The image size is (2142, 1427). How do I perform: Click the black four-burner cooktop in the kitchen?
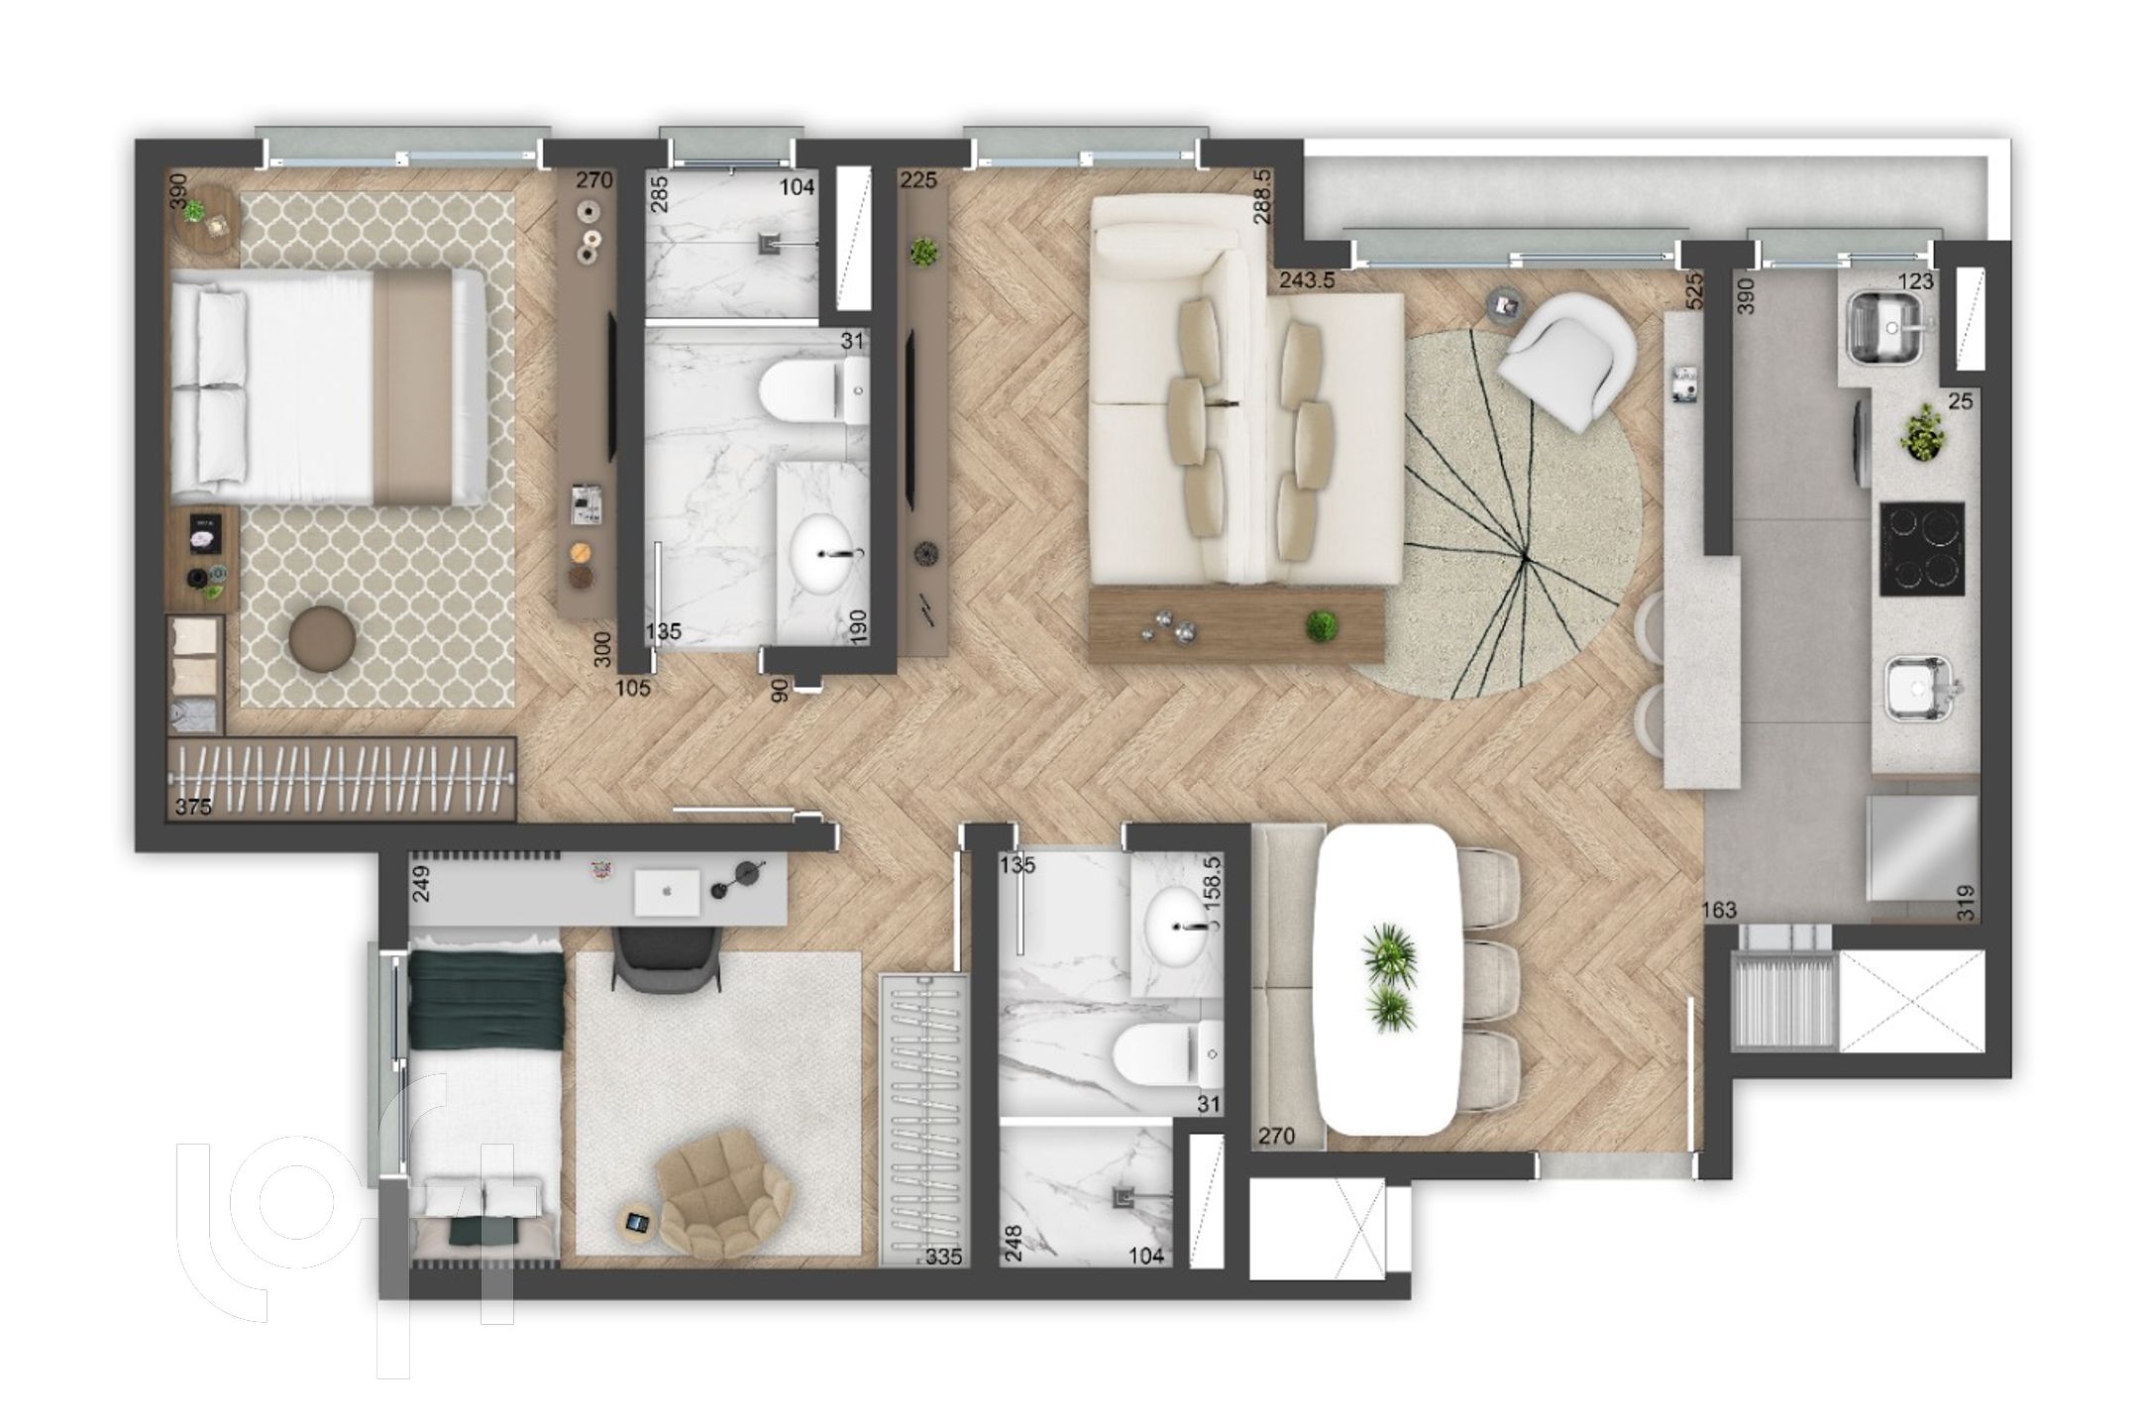(1921, 549)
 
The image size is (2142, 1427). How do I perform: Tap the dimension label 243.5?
(1307, 280)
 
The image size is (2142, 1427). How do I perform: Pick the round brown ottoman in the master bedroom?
(323, 640)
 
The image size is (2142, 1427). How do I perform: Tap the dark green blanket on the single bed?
(486, 997)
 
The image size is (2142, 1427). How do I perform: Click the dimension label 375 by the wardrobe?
(193, 807)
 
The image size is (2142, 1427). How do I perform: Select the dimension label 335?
(944, 1258)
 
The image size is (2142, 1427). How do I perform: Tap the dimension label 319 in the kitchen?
(1966, 902)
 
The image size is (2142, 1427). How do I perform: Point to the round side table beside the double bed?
(206, 221)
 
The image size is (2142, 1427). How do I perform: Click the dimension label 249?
(421, 884)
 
